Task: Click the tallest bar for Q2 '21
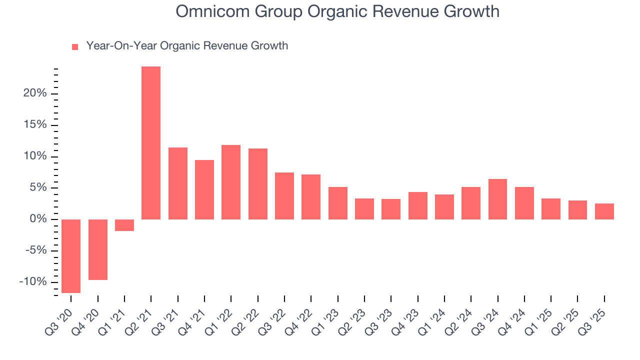pos(151,143)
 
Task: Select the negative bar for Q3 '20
pos(71,256)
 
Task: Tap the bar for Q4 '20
pos(98,249)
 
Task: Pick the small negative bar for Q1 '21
pos(124,225)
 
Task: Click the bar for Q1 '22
pos(231,182)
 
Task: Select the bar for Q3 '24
pos(497,199)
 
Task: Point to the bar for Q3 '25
pos(604,211)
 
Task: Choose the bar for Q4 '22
pos(311,197)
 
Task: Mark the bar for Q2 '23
pos(364,209)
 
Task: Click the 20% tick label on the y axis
pos(34,93)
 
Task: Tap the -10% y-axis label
pos(32,282)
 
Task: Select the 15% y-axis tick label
pos(34,124)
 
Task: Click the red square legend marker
pos(75,46)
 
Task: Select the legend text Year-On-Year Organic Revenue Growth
pos(187,46)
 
